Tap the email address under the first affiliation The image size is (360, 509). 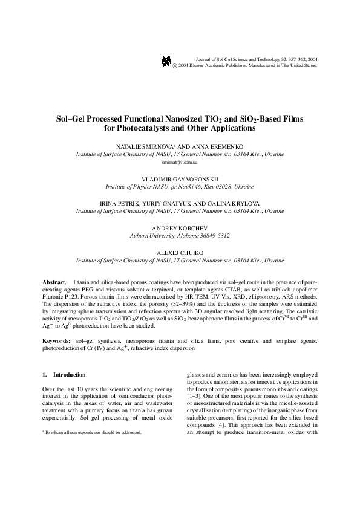tap(180, 163)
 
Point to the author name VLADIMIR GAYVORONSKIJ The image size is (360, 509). tap(180, 180)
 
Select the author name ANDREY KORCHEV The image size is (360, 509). tap(180, 228)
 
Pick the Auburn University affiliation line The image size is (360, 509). tap(180, 236)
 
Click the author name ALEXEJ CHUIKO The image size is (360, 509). tap(180, 252)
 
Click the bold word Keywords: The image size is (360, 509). tap(57, 342)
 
